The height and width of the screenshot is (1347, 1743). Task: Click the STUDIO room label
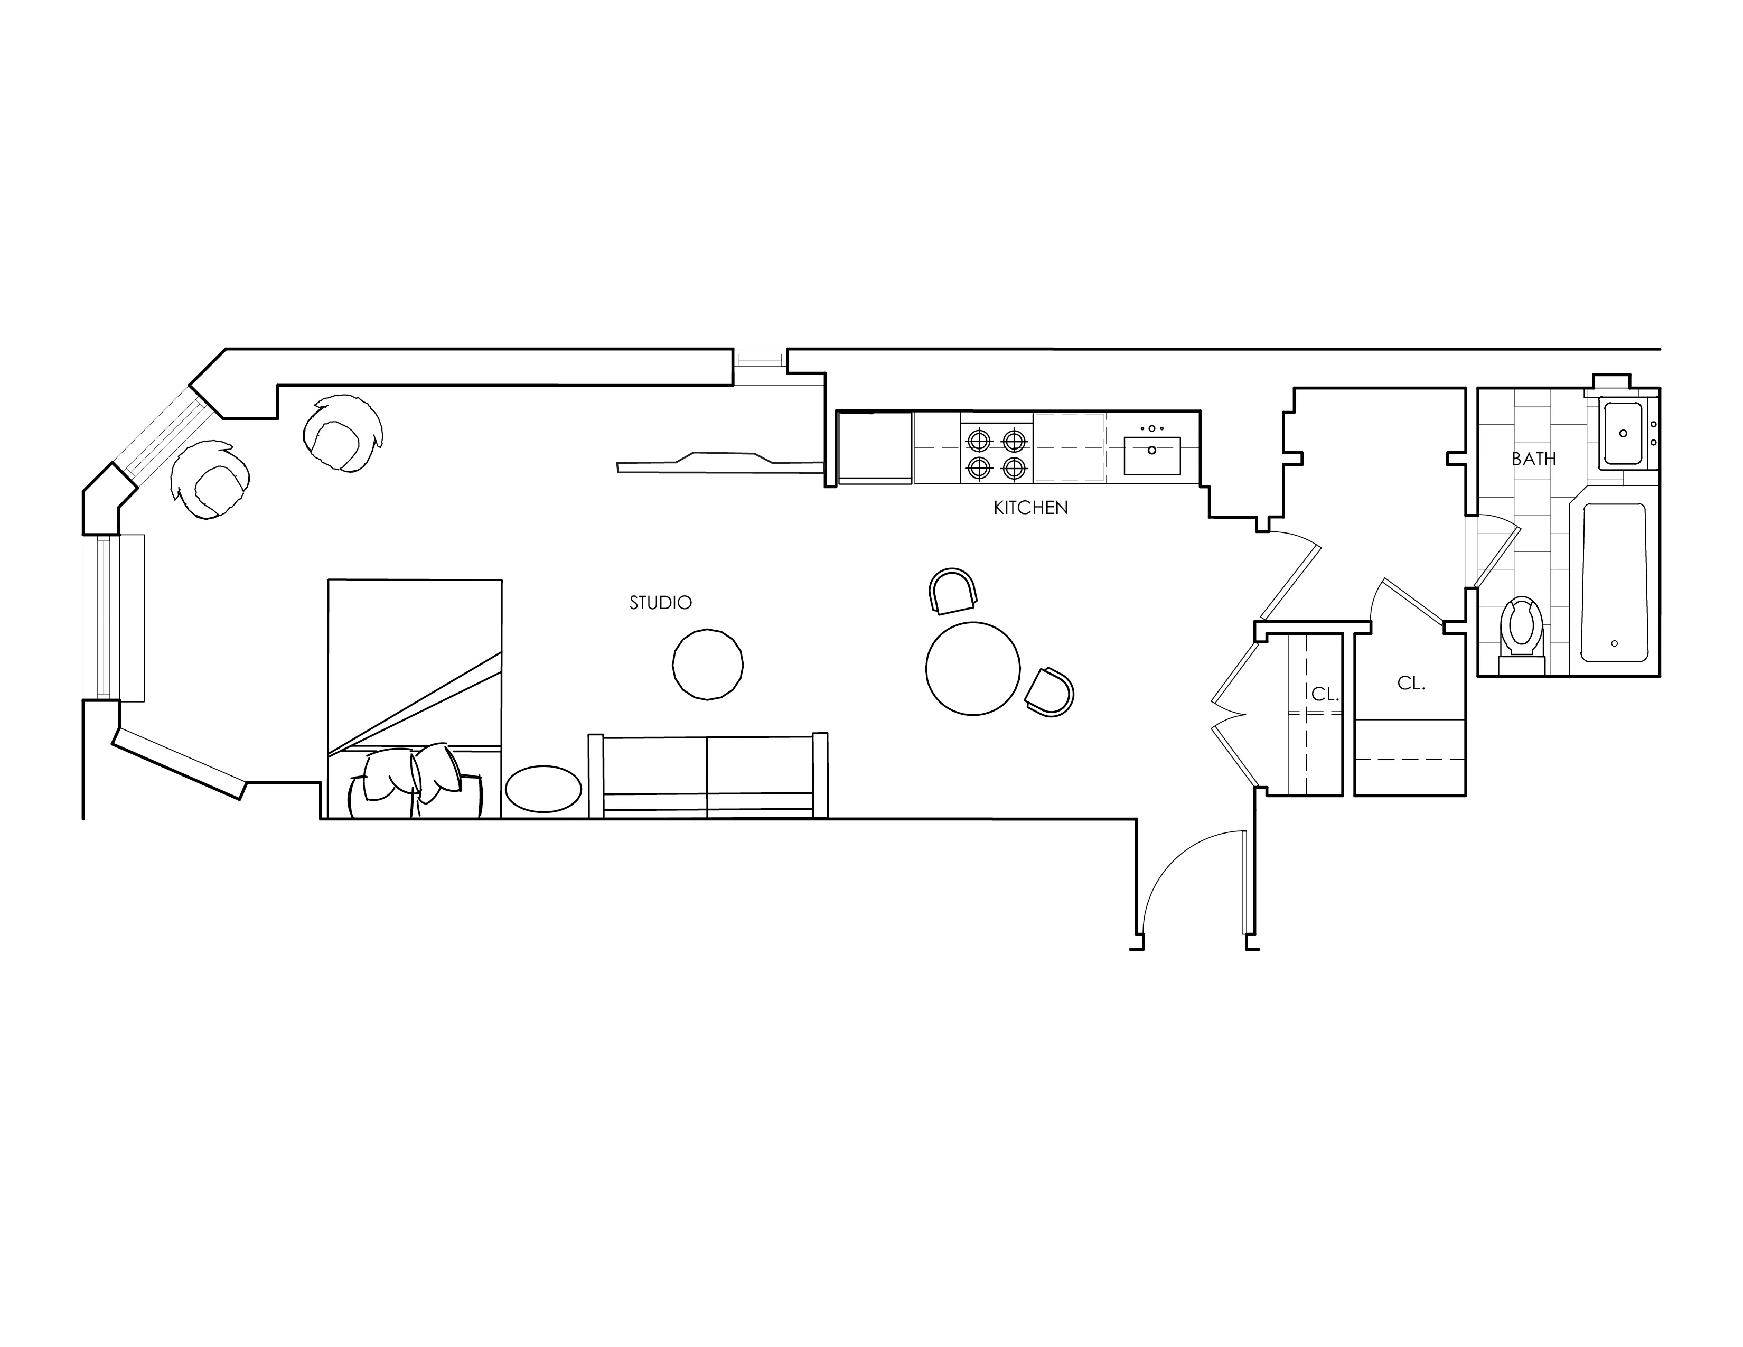pos(660,603)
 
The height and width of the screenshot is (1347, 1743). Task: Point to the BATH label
pos(1533,459)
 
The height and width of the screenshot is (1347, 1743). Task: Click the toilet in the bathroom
pos(1521,627)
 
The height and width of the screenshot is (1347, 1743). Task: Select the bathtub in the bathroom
pos(1614,583)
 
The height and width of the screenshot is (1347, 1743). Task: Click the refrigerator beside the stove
pos(874,447)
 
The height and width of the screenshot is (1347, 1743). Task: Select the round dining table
pos(973,668)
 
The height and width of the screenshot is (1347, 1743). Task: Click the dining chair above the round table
pos(953,591)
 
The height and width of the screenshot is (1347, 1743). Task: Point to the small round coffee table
pos(708,664)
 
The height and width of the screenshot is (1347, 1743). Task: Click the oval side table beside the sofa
pos(543,789)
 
